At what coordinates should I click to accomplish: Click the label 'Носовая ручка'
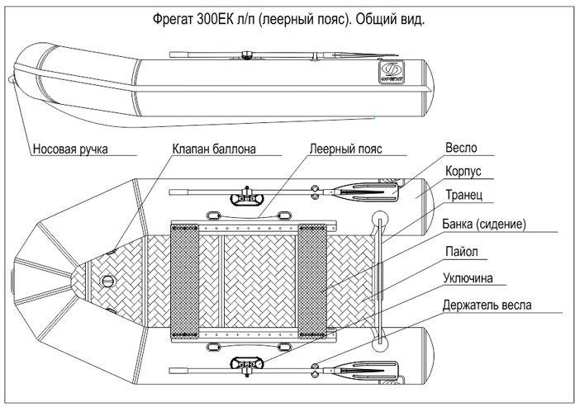(x=70, y=149)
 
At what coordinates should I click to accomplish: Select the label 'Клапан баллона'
(x=214, y=149)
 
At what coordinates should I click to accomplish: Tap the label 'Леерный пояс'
(x=345, y=149)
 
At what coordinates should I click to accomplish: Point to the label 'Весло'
(x=461, y=148)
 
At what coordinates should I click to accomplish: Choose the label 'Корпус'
(x=463, y=171)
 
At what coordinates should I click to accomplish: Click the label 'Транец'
(x=464, y=195)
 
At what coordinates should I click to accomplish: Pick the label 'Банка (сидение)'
(x=483, y=224)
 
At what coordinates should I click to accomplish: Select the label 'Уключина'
(x=468, y=278)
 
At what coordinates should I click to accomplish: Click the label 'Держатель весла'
(x=487, y=305)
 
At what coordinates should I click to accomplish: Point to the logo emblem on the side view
(x=392, y=72)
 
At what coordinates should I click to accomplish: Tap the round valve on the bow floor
(x=108, y=282)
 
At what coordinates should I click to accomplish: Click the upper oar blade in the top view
(x=366, y=192)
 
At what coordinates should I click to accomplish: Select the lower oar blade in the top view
(x=366, y=371)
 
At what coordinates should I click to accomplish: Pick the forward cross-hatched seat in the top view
(x=184, y=281)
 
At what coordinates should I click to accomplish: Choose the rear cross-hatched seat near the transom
(x=312, y=281)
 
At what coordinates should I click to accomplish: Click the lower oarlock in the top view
(x=247, y=365)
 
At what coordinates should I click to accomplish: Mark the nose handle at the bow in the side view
(x=12, y=79)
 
